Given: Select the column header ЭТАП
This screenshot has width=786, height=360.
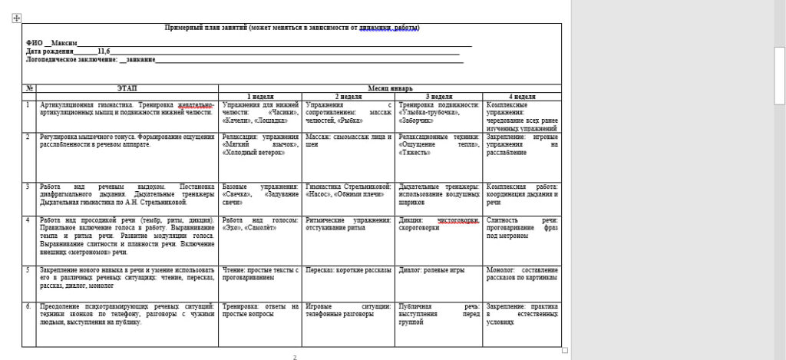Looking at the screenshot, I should coord(127,88).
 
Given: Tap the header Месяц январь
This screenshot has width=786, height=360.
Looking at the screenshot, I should coord(390,88).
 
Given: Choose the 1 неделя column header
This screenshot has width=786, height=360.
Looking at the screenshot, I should coord(260,97).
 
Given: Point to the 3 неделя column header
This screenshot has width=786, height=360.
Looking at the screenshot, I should coord(438,97).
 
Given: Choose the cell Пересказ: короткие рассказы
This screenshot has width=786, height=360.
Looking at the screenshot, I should coord(348,270).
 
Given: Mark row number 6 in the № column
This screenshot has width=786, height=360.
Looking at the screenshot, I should coord(29,306).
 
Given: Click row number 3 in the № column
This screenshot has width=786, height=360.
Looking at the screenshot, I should coord(28,187).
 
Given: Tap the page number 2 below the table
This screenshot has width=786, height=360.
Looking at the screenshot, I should coord(295,357).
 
